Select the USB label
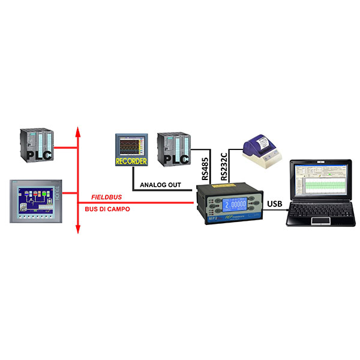[274, 205]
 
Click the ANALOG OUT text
[160, 185]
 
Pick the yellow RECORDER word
[131, 160]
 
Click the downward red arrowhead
[77, 229]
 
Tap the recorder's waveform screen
[131, 146]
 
